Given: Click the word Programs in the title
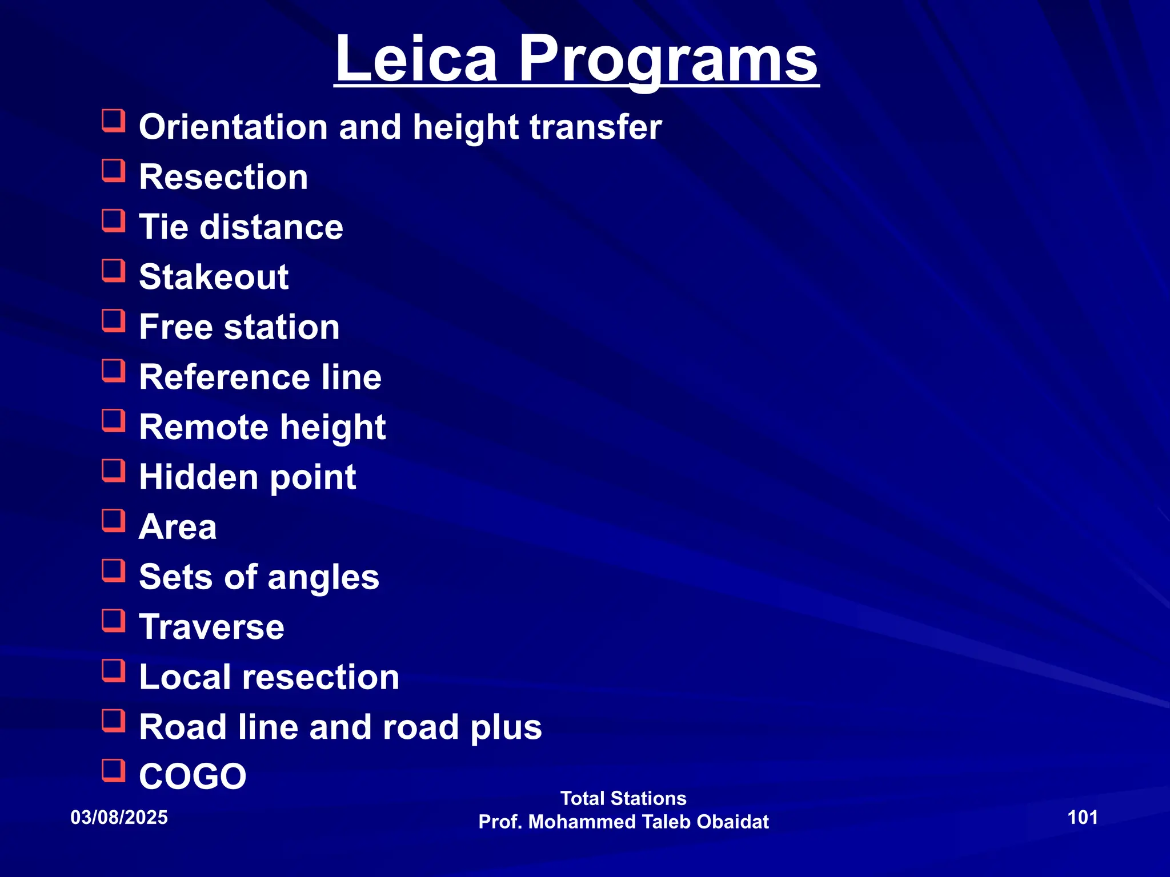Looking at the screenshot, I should point(668,59).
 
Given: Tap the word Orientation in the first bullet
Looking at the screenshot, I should point(233,127).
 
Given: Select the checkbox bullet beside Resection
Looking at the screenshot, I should point(114,170).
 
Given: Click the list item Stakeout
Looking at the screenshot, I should point(214,277).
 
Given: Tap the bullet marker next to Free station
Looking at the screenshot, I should point(114,320).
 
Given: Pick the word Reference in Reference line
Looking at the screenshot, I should point(225,377).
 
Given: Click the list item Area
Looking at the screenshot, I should point(178,527).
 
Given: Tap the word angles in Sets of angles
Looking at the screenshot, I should point(323,577).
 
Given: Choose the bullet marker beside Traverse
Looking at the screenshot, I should point(114,621).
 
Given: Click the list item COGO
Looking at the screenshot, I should point(193,777).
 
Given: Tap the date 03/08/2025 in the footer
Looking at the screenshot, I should point(119,818).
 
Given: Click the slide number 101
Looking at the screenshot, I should point(1083,818).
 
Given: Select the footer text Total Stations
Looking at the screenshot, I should point(623,798).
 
